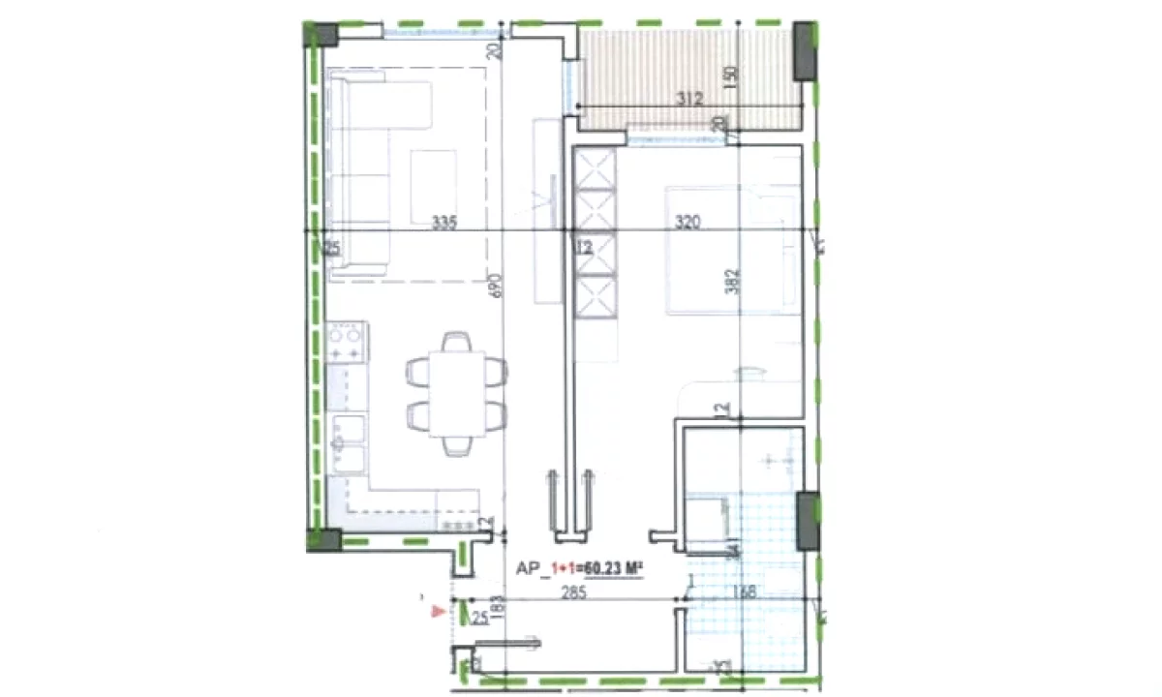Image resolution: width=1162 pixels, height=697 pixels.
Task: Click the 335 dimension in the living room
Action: click(444, 223)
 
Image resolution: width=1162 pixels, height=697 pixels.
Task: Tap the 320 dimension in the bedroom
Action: click(688, 223)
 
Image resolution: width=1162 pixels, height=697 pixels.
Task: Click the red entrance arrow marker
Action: click(438, 611)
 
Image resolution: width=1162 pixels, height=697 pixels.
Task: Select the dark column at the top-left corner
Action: click(322, 34)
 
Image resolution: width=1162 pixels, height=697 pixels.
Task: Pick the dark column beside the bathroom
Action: click(807, 520)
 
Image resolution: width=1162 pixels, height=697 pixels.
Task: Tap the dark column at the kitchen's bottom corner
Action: click(323, 539)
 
